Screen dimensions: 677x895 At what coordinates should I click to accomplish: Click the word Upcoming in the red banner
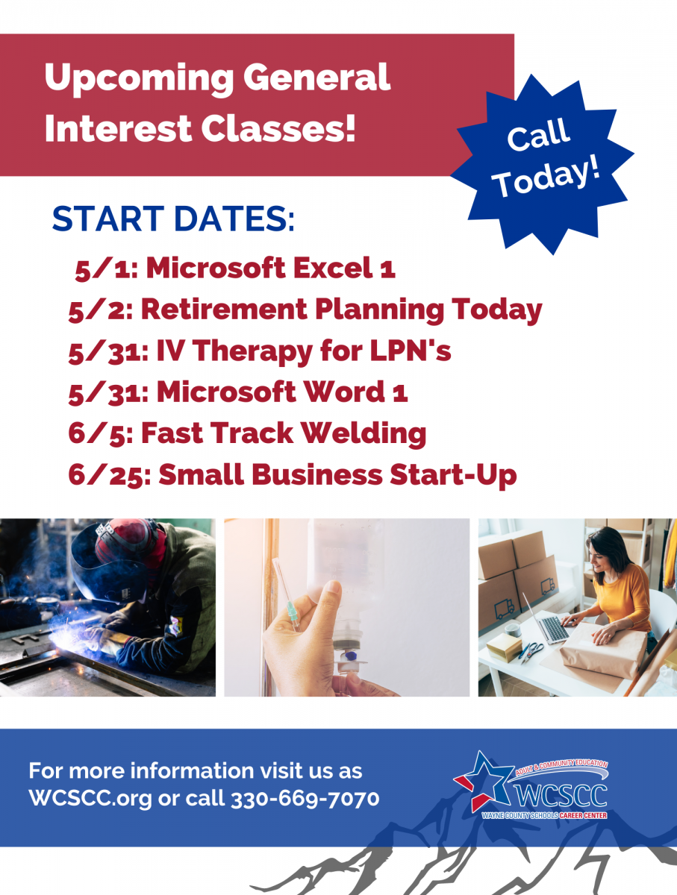tap(139, 79)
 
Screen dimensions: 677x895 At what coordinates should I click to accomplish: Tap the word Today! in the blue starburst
tap(548, 178)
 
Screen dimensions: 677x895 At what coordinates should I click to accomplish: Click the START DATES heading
tap(173, 219)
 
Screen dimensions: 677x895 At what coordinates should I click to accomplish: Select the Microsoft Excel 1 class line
tap(235, 268)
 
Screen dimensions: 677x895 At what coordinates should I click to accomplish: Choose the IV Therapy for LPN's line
tap(260, 351)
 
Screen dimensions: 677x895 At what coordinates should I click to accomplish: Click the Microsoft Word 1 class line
tap(238, 392)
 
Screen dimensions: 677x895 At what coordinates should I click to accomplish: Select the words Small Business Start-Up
tap(337, 476)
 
